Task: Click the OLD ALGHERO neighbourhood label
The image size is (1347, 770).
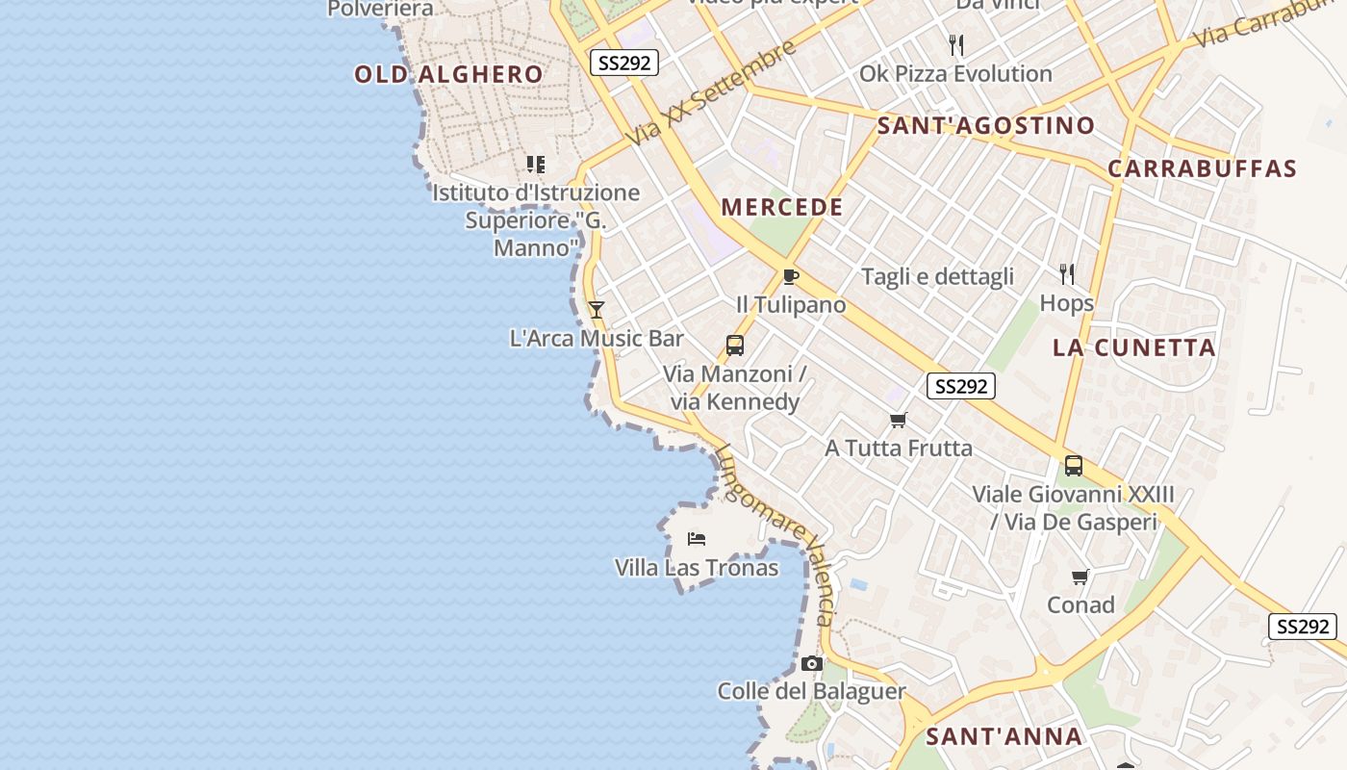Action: [x=448, y=74]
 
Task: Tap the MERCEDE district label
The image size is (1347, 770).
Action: [x=782, y=207]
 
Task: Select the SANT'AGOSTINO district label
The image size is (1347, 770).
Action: [x=986, y=125]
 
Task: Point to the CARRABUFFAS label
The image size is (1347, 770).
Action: [x=1203, y=168]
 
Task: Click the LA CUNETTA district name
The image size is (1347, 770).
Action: [x=1134, y=347]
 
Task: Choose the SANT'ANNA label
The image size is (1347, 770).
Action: [x=1004, y=737]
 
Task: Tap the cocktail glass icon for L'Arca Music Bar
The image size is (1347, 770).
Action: [x=597, y=310]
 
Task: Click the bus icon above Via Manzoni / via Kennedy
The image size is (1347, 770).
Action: [x=735, y=346]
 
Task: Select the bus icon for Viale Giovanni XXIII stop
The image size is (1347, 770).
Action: [x=1074, y=466]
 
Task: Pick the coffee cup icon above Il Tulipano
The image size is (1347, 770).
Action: [x=791, y=277]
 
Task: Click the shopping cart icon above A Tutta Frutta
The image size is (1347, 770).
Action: [x=899, y=420]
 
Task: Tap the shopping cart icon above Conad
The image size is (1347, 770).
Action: [x=1080, y=577]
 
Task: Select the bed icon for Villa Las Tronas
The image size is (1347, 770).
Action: [x=697, y=539]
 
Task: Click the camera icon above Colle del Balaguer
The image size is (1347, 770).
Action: [x=812, y=663]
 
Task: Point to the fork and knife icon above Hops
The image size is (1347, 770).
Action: [x=1066, y=274]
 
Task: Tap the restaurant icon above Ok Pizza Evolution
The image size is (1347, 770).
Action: [x=956, y=45]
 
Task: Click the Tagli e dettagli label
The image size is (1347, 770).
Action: [x=937, y=277]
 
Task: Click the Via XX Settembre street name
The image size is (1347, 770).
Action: [x=713, y=92]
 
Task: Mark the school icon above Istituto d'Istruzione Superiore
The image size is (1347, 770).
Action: [x=536, y=165]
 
